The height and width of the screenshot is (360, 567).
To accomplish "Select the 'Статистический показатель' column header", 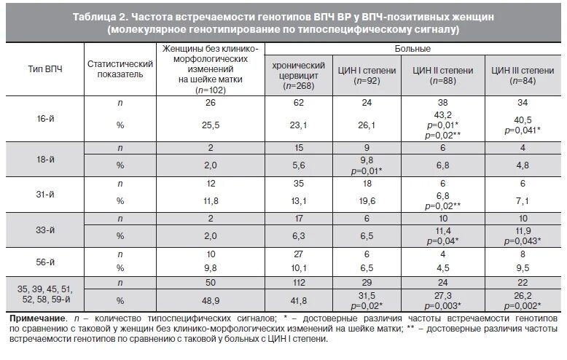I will [120, 70].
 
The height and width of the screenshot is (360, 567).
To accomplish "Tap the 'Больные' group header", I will [412, 49].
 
